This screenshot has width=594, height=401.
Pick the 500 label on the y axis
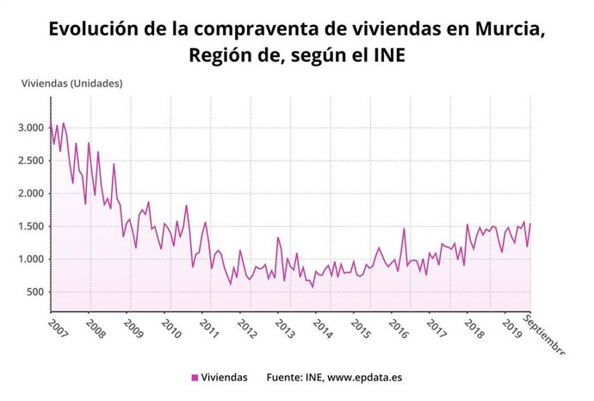34,291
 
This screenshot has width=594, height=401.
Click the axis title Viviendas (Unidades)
72,84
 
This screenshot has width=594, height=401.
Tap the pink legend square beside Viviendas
195,378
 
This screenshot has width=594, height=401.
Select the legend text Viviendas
225,378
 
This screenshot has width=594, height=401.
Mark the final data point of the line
530,224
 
